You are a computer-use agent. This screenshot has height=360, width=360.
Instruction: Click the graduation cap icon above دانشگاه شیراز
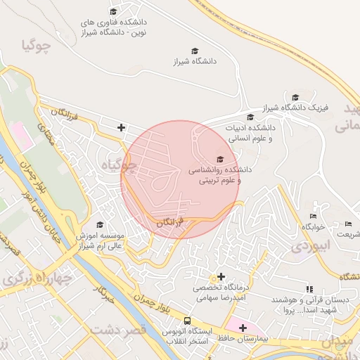(195, 51)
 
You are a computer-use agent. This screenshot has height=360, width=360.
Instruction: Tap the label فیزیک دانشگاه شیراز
(296, 108)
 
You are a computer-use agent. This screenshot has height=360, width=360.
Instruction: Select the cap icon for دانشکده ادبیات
(250, 117)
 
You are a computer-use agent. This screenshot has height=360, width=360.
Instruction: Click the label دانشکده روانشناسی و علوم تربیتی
(215, 176)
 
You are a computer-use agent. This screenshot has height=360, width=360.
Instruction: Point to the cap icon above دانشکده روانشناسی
(219, 159)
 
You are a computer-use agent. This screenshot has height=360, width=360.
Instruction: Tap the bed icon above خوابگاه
(313, 216)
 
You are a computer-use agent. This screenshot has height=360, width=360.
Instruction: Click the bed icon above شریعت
(349, 224)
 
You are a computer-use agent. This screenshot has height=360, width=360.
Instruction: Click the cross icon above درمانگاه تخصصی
(222, 276)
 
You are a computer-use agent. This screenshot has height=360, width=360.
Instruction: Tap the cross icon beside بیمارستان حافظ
(243, 328)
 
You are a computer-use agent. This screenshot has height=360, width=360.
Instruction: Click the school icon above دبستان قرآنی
(309, 289)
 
